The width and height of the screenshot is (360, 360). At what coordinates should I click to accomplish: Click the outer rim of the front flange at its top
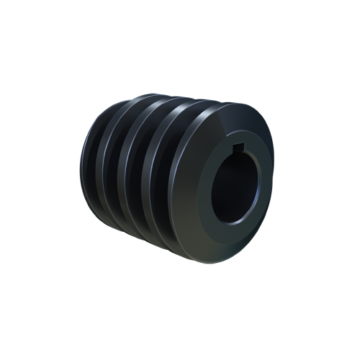tap(230, 103)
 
